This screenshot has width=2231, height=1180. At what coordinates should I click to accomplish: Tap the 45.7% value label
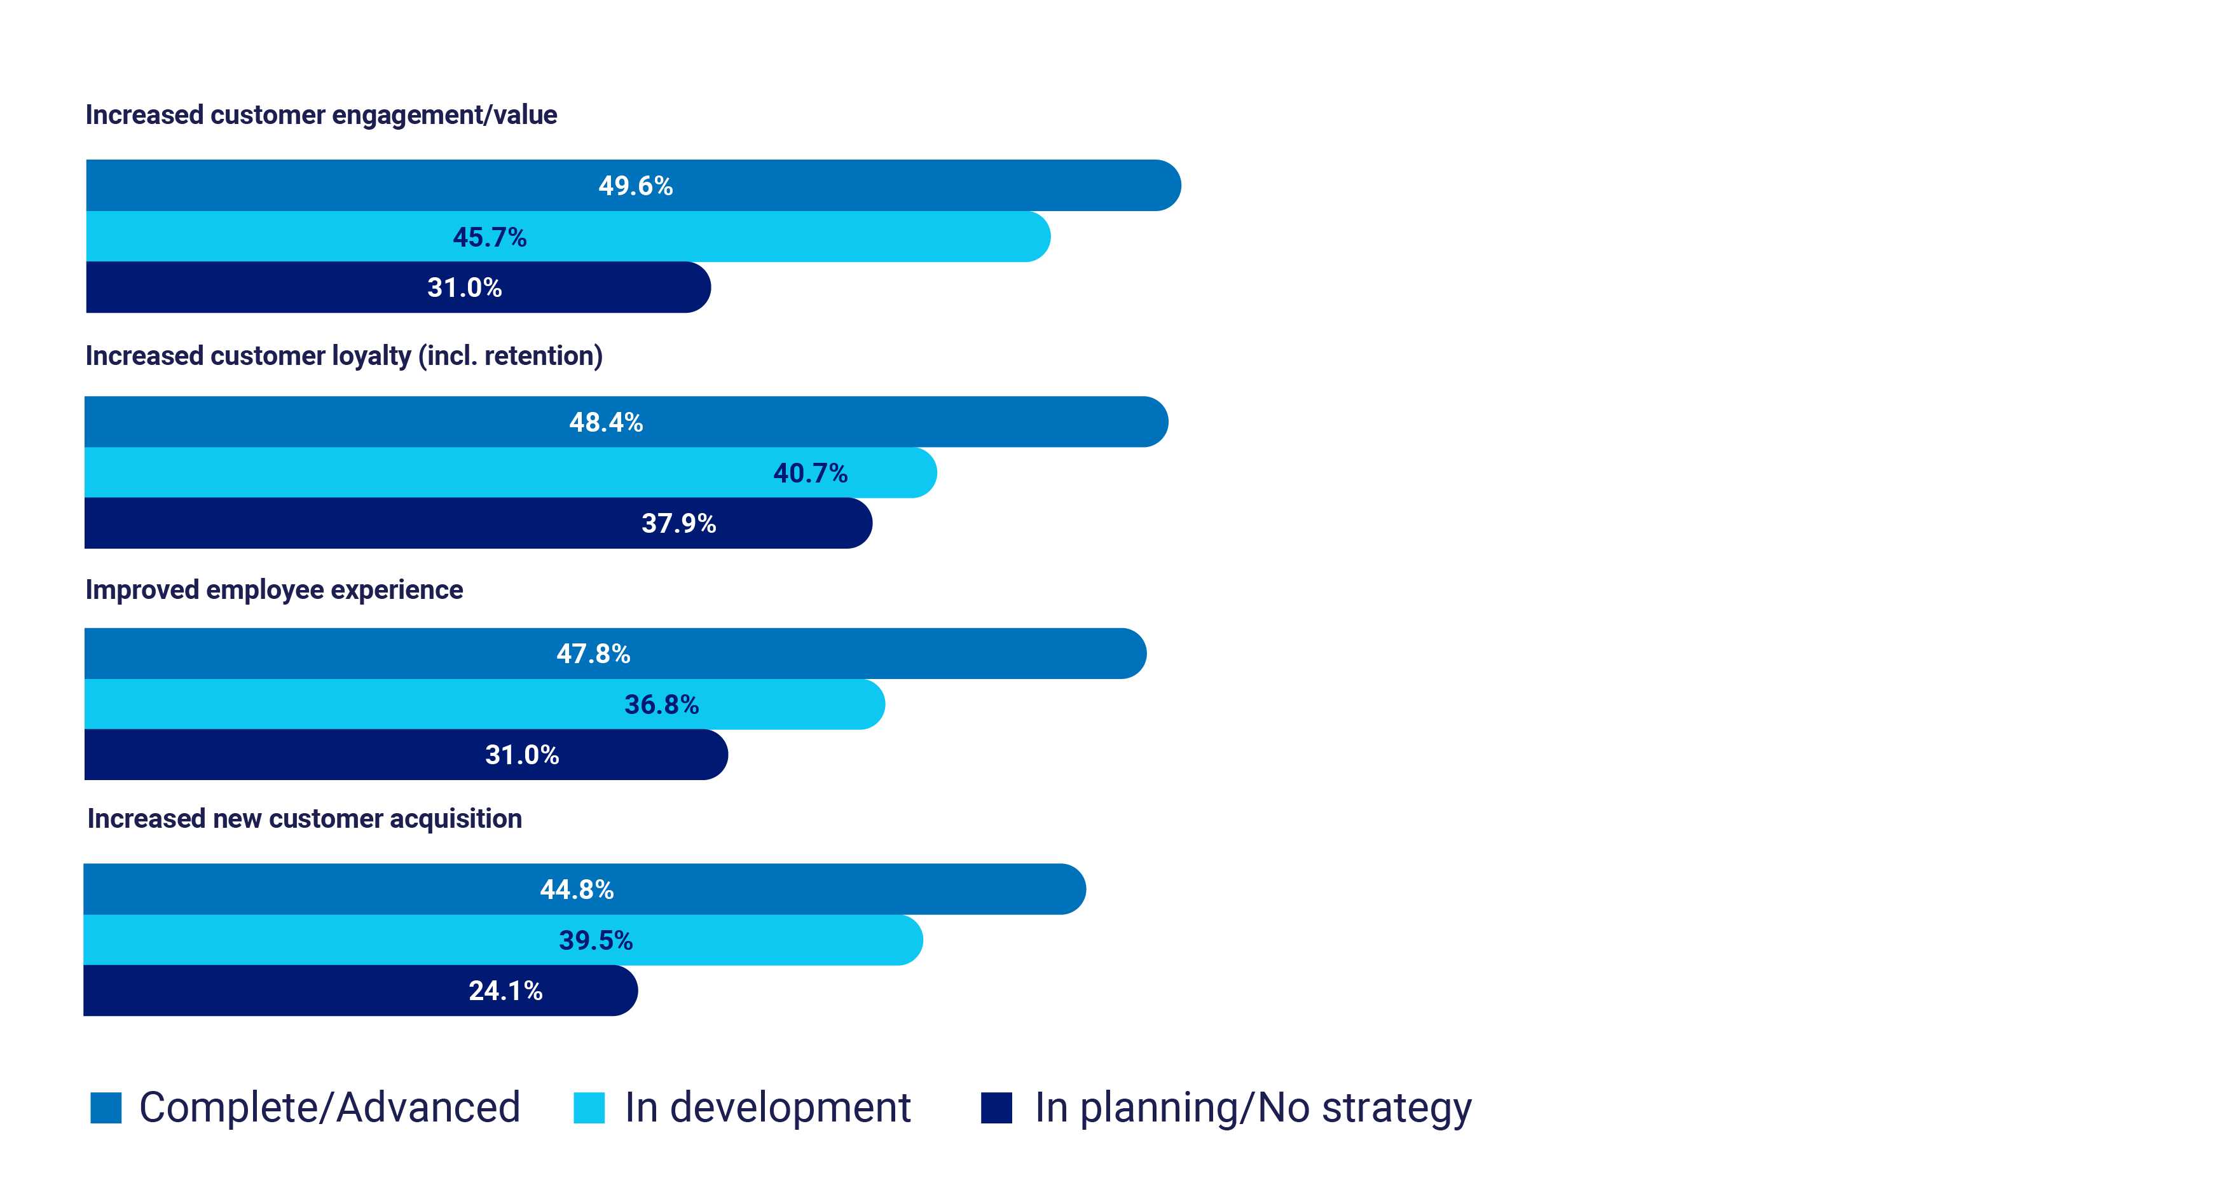(490, 237)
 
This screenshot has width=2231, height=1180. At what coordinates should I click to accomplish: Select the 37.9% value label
(678, 523)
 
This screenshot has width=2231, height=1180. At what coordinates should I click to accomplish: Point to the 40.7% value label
(810, 472)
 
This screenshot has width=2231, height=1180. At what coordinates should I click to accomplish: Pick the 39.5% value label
(595, 940)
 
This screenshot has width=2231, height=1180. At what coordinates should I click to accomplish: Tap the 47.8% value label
(593, 654)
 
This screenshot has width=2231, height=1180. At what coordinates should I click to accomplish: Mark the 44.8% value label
(577, 889)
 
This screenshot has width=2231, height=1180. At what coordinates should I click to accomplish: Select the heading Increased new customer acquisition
(304, 818)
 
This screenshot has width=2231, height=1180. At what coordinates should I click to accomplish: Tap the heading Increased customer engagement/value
(320, 114)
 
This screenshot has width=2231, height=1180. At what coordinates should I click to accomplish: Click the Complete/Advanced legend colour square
(106, 1108)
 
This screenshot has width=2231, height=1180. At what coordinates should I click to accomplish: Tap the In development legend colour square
(589, 1108)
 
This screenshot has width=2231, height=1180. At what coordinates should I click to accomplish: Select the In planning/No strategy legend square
(996, 1108)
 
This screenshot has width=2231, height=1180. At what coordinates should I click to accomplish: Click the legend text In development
(767, 1108)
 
